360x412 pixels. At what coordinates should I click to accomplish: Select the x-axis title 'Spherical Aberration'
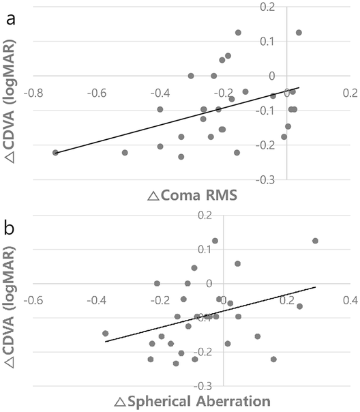196,399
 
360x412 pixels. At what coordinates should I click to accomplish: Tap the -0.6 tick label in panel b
36,299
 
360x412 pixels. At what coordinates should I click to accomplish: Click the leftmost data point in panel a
55,153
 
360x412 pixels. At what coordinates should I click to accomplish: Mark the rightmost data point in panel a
299,32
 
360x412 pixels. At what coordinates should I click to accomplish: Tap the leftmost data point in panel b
105,334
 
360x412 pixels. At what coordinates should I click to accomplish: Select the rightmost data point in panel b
315,241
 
